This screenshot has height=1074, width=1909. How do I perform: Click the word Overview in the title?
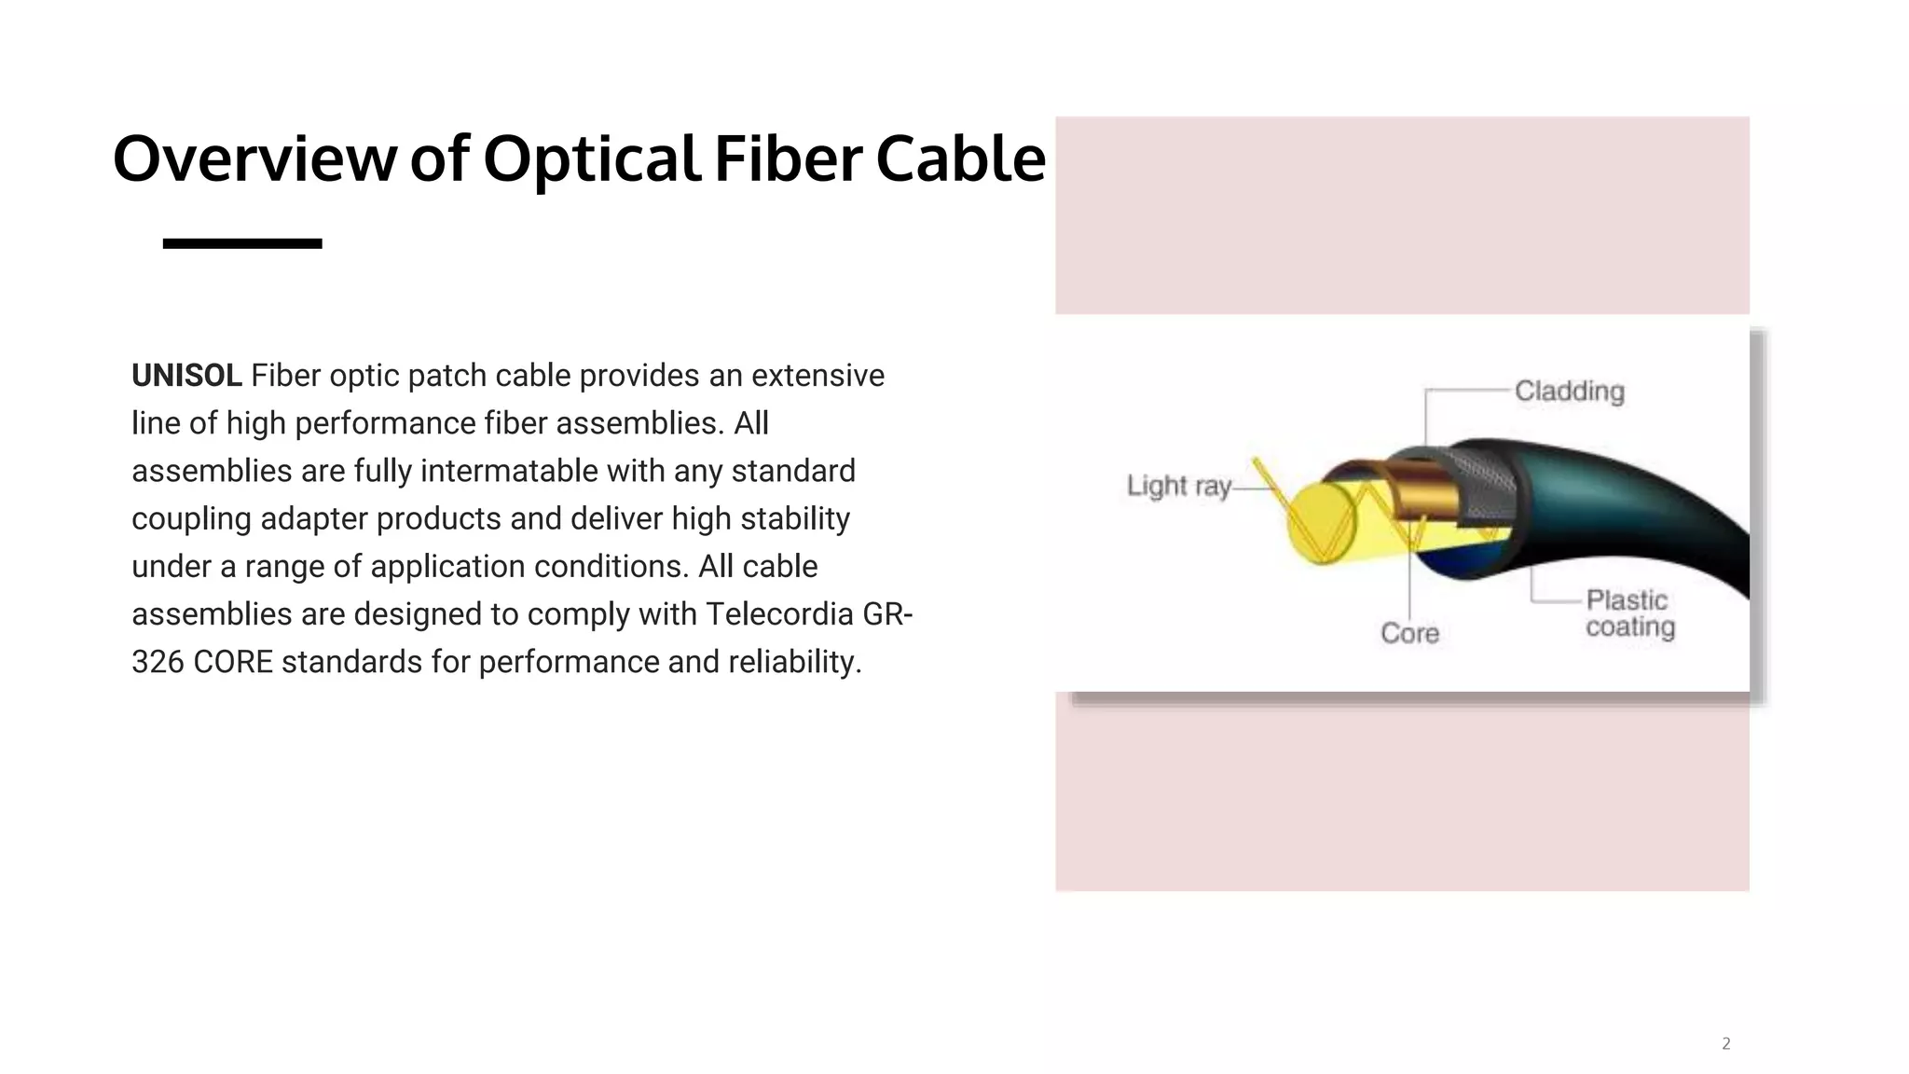pos(254,159)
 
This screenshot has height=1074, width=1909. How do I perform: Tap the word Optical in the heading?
pos(591,159)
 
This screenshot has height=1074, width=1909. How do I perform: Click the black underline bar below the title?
pos(242,243)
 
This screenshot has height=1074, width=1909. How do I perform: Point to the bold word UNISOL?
pos(186,376)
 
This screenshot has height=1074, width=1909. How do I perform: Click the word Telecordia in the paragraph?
pos(779,614)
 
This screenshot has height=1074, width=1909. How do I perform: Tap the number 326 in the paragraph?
pos(158,662)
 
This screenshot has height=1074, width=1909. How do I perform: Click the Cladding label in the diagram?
pos(1569,392)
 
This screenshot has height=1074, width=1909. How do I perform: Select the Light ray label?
pos(1179,486)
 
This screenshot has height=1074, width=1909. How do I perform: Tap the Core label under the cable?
pos(1409,634)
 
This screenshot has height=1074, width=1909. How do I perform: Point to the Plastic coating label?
pos(1629,613)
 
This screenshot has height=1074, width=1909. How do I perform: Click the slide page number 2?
pos(1725,1043)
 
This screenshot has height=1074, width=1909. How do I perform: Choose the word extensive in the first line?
pos(817,376)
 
